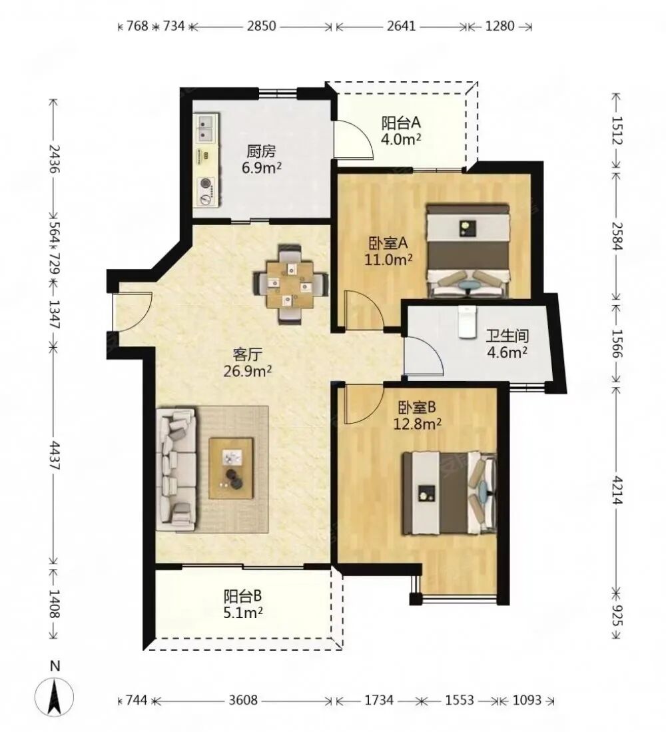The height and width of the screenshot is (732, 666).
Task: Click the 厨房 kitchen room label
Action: tap(261, 151)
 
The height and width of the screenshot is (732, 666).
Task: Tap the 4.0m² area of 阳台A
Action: tap(402, 139)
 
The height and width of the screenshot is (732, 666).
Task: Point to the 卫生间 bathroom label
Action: tap(507, 336)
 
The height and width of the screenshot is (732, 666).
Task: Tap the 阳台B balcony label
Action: tap(242, 596)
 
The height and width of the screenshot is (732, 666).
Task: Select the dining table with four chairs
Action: tap(291, 284)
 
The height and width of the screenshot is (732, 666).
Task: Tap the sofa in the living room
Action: tap(176, 469)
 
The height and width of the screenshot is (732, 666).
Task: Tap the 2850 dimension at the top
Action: tap(261, 26)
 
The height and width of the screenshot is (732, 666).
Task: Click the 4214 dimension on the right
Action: tap(617, 491)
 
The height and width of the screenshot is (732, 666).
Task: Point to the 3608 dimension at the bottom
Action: tap(242, 700)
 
